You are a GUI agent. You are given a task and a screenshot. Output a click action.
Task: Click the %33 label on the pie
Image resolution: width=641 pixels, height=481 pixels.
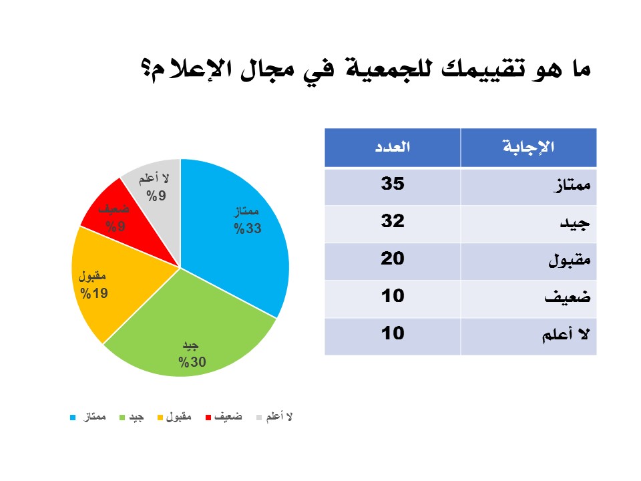(x=248, y=228)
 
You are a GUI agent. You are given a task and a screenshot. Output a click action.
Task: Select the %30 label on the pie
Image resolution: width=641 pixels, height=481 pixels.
(x=192, y=362)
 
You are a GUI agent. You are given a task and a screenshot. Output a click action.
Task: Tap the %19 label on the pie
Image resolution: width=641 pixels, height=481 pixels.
(x=94, y=293)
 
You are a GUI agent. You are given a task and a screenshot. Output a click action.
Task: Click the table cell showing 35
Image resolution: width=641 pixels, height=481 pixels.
(x=393, y=186)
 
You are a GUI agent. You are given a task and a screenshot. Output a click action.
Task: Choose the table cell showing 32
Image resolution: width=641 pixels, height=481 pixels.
(x=393, y=224)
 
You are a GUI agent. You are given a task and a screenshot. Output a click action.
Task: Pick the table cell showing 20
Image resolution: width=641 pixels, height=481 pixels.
(x=393, y=261)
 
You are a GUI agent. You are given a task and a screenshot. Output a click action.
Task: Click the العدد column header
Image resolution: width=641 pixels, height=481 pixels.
(x=393, y=147)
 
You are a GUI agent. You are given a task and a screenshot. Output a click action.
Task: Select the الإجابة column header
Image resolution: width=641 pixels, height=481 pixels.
(x=529, y=147)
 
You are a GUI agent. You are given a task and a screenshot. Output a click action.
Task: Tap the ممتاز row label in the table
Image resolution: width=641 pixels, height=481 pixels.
(x=572, y=185)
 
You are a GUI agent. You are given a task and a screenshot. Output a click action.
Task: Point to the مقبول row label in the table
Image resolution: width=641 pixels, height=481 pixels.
(x=570, y=260)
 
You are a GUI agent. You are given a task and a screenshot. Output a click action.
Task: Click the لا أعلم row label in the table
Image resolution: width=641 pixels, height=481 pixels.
(x=566, y=335)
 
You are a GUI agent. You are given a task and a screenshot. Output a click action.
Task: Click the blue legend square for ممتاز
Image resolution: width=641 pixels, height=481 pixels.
(x=73, y=418)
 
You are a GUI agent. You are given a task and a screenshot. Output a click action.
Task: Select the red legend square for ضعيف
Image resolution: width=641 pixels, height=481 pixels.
(x=208, y=418)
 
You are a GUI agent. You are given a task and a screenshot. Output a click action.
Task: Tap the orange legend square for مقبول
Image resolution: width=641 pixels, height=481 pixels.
(x=160, y=418)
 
